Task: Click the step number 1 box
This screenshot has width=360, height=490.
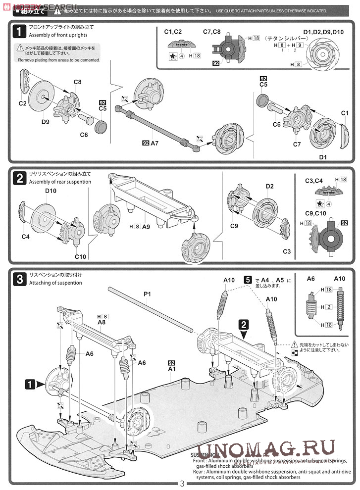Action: tap(18, 32)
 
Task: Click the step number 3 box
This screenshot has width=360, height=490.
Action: tap(18, 279)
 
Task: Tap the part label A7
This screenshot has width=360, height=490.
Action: tap(154, 143)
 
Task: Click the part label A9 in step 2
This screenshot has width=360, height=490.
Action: tap(146, 226)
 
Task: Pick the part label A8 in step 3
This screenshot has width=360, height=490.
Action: tap(102, 322)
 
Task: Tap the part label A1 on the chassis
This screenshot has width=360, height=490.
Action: tap(172, 369)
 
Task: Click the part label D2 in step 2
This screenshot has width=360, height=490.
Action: tap(270, 187)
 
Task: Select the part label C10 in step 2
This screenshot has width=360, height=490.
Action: tap(81, 256)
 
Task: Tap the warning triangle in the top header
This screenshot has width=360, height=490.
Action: tap(58, 10)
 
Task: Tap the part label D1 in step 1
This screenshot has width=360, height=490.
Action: tap(323, 157)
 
